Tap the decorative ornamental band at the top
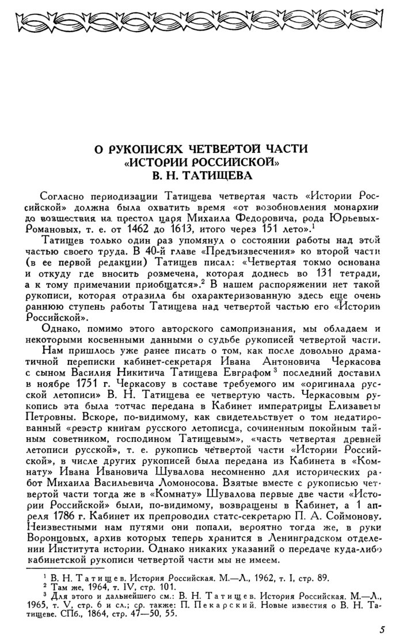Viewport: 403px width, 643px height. pos(201,24)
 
